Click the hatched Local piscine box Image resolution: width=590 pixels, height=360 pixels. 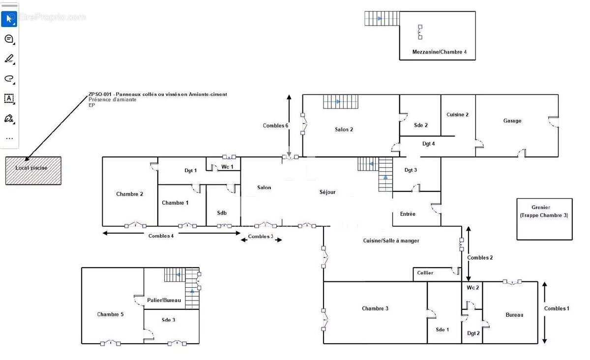[33, 171]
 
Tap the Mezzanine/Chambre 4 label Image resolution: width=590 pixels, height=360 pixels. [439, 52]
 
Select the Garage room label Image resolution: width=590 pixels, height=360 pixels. [512, 120]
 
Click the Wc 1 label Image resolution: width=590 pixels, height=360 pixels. [227, 167]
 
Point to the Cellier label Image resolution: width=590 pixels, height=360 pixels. [425, 273]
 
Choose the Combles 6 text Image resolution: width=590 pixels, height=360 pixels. [275, 126]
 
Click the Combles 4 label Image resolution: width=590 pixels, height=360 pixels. [161, 236]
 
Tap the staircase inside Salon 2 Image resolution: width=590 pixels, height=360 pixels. [341, 101]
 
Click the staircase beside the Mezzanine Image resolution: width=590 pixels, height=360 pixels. [382, 19]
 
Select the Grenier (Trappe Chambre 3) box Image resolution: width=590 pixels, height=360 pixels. [544, 219]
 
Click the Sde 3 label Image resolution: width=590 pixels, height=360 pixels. [168, 320]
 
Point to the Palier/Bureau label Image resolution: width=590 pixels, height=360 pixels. [164, 300]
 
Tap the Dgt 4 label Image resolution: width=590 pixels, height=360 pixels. [428, 144]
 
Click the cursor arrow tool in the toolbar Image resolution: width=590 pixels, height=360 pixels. [9, 19]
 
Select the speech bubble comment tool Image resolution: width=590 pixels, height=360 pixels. [9, 39]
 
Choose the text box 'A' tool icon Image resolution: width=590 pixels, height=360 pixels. [9, 98]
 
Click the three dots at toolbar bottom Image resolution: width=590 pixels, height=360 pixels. [9, 138]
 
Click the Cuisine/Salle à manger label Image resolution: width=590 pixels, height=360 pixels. [391, 240]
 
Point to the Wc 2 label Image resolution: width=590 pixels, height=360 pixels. [472, 288]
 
